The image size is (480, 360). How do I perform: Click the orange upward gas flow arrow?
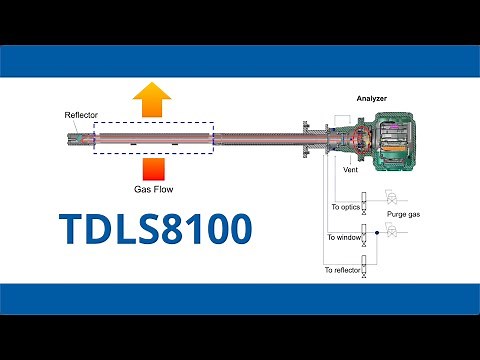[x=153, y=101]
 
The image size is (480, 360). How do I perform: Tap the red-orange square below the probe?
[x=153, y=168]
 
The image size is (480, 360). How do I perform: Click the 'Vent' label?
[x=351, y=170]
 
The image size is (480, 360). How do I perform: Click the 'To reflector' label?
[x=341, y=270]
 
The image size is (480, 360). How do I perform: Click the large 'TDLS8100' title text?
[x=156, y=229]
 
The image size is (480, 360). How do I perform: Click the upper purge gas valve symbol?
[x=392, y=198]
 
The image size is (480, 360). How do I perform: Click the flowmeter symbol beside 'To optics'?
[x=365, y=202]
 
